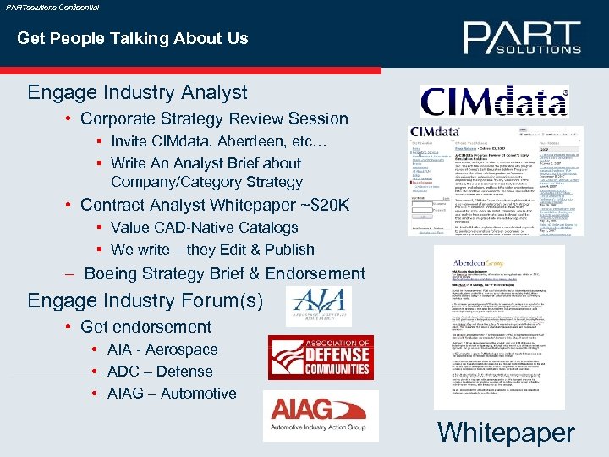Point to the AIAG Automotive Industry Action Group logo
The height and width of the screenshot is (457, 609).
pos(321,416)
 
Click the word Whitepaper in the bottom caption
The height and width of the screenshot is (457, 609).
pos(506,432)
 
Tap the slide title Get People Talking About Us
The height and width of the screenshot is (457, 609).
pos(133,38)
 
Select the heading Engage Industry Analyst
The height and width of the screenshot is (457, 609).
pos(138,92)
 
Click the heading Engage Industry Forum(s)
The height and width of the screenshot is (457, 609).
pos(145,300)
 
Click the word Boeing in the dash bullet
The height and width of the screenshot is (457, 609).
pos(113,273)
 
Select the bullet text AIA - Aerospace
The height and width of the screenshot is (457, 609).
pos(162,350)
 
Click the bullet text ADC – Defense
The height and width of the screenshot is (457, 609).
pos(160,372)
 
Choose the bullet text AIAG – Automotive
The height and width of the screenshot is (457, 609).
pos(172,394)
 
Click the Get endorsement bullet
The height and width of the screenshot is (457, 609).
pos(145,327)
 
